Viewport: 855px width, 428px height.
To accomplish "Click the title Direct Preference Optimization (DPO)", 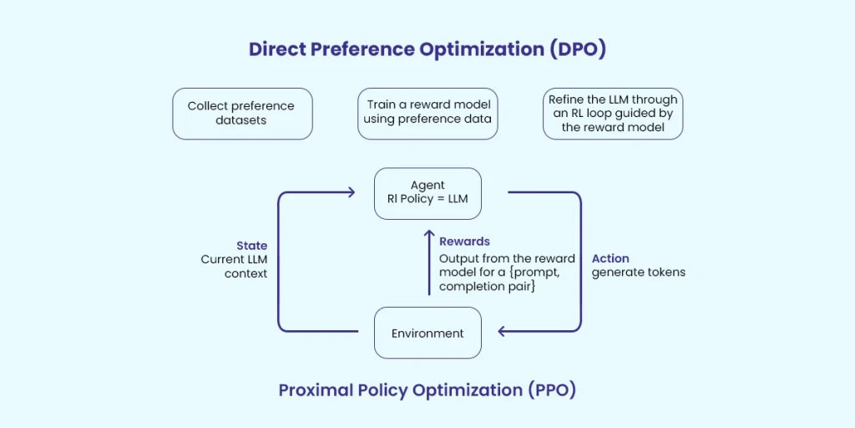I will (427, 49).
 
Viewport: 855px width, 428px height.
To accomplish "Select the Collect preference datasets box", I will (242, 114).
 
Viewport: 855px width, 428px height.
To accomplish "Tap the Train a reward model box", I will (427, 113).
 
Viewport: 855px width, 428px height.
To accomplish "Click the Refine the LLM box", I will (612, 114).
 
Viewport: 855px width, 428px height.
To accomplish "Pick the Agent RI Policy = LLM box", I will (427, 193).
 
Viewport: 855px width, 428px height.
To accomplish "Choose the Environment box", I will (427, 333).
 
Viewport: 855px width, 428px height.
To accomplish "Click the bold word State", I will (251, 246).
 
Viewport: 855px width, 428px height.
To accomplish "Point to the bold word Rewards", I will (464, 242).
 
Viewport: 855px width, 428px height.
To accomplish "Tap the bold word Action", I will (610, 258).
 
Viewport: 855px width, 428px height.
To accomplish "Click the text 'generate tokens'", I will (638, 273).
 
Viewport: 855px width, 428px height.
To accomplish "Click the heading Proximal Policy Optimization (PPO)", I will (427, 390).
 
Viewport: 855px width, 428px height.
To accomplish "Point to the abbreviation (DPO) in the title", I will (577, 49).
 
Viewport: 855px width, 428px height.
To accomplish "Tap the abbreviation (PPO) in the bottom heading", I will (548, 390).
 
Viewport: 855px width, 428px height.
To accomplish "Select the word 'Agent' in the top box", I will (427, 185).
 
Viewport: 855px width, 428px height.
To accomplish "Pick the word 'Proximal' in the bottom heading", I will (311, 390).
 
